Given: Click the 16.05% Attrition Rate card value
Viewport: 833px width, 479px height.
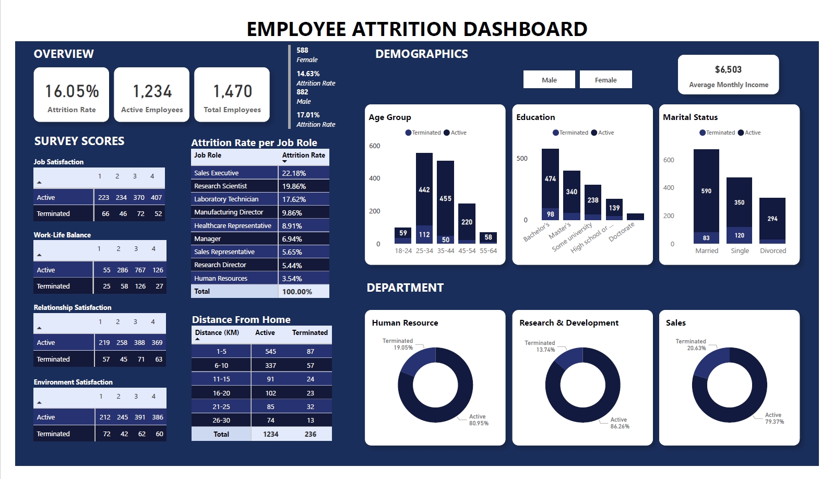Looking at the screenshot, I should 72,91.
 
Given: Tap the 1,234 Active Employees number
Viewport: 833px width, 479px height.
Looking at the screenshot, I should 152,91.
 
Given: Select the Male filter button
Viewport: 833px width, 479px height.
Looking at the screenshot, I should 549,80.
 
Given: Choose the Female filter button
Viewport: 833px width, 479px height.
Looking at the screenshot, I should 605,80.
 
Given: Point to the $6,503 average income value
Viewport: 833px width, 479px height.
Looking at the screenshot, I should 728,69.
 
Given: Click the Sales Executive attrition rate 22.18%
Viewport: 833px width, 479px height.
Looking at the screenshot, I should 294,173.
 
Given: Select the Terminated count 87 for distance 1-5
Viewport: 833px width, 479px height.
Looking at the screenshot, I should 311,352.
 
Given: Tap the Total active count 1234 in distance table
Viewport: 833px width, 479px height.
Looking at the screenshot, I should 270,434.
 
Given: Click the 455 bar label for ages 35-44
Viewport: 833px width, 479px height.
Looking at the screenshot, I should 445,199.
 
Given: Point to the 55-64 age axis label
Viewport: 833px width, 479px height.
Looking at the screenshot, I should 488,251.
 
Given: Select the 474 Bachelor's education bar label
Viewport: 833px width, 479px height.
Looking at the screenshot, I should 550,179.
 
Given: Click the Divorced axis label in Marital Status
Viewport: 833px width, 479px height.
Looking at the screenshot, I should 772,251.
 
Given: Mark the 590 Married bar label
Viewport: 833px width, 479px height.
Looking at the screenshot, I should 706,191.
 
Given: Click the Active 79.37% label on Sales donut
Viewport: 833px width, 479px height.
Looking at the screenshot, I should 774,418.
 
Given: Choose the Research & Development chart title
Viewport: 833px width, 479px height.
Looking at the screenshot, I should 568,323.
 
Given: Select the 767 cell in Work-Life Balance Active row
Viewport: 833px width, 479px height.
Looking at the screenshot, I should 140,270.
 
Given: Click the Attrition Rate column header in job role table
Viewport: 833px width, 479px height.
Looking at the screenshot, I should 303,155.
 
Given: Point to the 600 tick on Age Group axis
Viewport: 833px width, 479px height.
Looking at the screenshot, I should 375,146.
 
